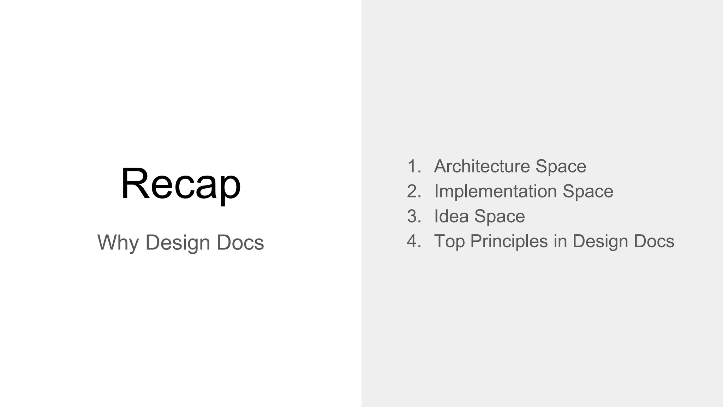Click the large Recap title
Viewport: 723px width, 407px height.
[x=181, y=184]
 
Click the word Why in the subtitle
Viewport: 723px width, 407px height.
[x=118, y=243]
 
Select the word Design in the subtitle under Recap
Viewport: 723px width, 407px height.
[x=178, y=243]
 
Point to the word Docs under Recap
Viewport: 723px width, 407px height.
[x=240, y=242]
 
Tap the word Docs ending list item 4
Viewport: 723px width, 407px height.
[x=654, y=241]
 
